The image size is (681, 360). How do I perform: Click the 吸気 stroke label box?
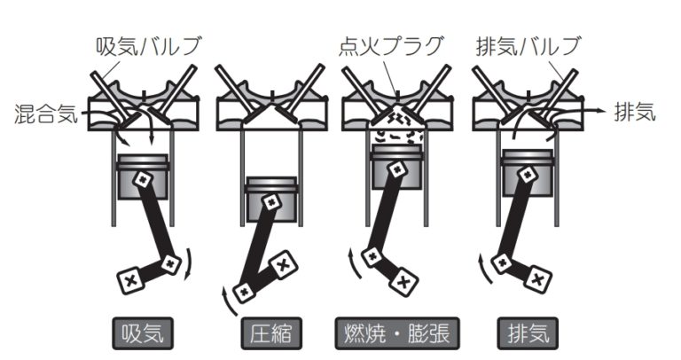coord(143,333)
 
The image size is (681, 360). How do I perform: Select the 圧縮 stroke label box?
coord(271,333)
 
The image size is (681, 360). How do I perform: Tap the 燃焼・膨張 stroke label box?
coord(397,333)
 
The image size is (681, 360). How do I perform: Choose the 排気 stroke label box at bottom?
coord(528,333)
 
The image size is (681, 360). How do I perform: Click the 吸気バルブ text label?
coord(149,46)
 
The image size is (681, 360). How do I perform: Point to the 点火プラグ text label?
coord(391,46)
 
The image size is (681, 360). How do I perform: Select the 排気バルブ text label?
coord(528,46)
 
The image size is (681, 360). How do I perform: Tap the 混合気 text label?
coord(46,113)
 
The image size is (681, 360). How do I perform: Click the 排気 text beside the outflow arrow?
coord(635,112)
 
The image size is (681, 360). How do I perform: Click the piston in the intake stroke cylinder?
coord(143,176)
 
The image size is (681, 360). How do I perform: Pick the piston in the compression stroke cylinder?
coord(271,200)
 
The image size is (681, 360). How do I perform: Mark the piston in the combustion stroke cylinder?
coord(397,168)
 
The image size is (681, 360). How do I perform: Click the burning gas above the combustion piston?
coord(396,128)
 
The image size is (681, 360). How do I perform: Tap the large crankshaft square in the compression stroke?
coord(283,265)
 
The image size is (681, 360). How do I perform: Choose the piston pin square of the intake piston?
coord(143,179)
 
